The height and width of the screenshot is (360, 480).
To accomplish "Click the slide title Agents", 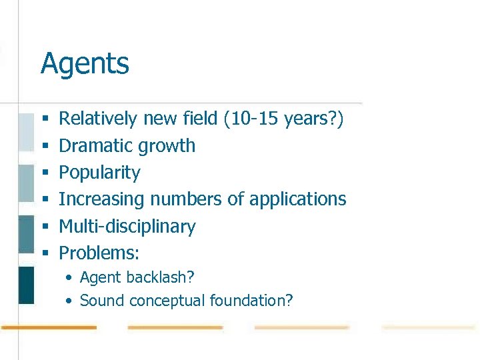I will tap(85, 65).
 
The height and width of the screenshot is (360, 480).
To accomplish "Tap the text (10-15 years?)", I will tap(283, 119).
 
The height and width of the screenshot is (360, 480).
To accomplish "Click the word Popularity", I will tap(100, 173).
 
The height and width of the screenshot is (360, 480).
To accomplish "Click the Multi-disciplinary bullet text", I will tap(127, 227).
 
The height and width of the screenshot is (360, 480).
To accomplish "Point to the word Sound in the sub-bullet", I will tap(102, 301).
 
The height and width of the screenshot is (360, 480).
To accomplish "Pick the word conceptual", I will tap(167, 301).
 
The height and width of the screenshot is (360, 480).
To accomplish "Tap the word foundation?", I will tap(251, 301).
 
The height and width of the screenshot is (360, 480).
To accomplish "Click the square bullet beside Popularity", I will tap(46, 173).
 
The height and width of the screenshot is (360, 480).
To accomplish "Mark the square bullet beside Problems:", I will tap(46, 253).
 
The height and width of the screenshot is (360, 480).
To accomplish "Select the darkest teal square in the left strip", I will tap(26, 285).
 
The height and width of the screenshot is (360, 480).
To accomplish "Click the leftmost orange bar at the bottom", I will tap(49, 327).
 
